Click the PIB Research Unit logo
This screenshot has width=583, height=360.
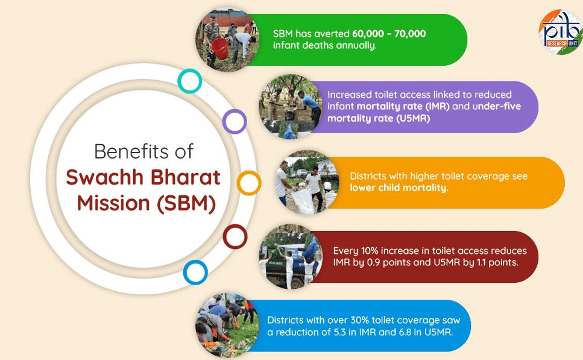(561, 32)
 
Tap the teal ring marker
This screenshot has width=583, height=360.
(190, 71)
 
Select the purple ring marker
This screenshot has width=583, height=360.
(235, 111)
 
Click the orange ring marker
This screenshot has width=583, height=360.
(249, 172)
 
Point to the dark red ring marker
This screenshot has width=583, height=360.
(235, 226)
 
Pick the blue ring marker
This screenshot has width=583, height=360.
(195, 262)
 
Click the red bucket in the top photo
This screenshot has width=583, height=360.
(219, 48)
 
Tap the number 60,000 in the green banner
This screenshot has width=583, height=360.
(368, 34)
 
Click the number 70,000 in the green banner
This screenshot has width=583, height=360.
(410, 34)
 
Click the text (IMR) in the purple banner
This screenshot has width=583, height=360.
(437, 106)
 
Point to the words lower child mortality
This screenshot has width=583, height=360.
(399, 188)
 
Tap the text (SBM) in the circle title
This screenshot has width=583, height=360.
(186, 203)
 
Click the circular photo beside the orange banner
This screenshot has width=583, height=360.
(307, 183)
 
